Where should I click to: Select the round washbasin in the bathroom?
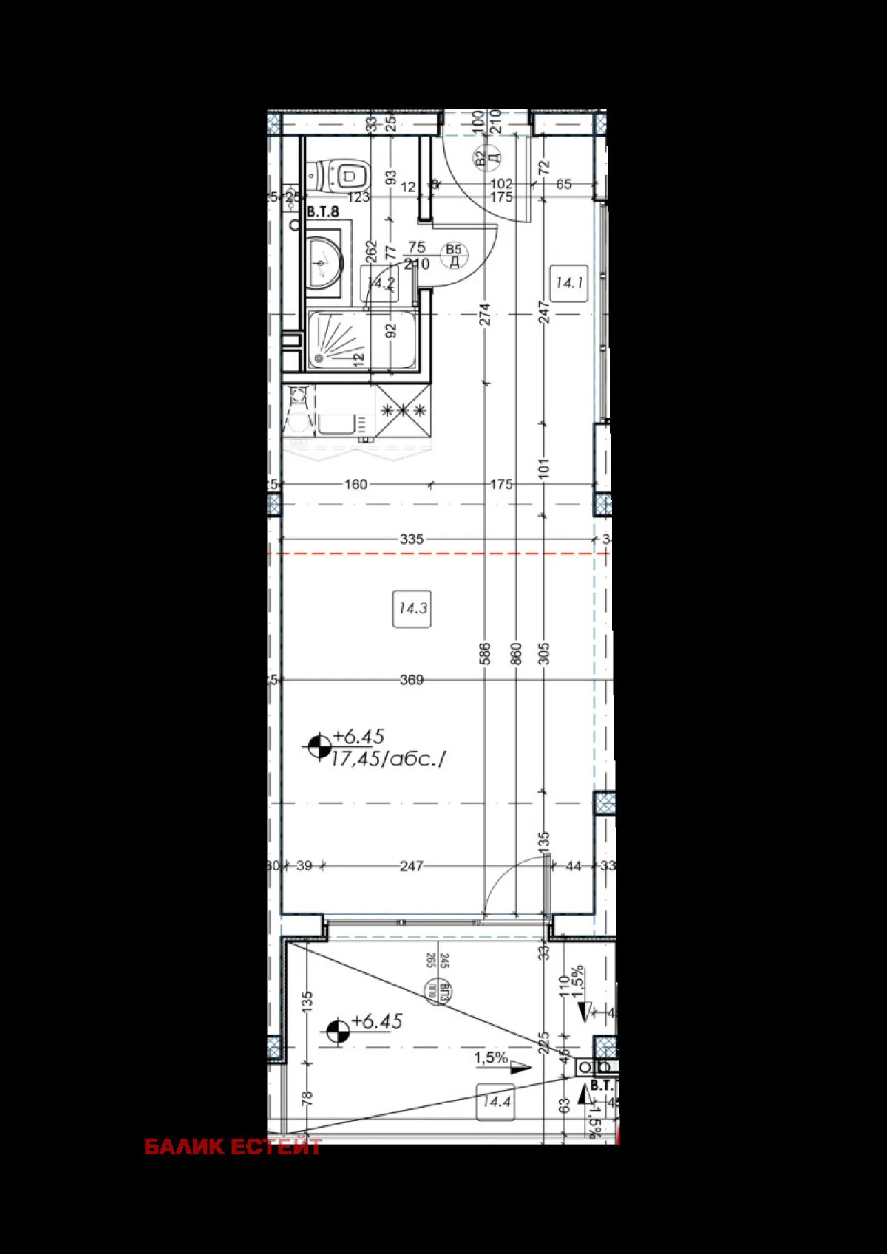point(324,260)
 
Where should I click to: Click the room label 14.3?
point(412,609)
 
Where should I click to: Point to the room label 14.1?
point(570,282)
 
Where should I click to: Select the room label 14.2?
point(381,283)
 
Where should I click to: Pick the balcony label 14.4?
point(496,1102)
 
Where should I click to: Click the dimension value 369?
point(412,679)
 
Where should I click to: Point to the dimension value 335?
point(412,539)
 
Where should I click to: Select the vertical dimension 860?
point(516,653)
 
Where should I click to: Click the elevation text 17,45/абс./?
point(389,758)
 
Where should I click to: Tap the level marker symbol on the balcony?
point(338,1031)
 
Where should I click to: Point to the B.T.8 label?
point(323,212)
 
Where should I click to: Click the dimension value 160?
point(356,484)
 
